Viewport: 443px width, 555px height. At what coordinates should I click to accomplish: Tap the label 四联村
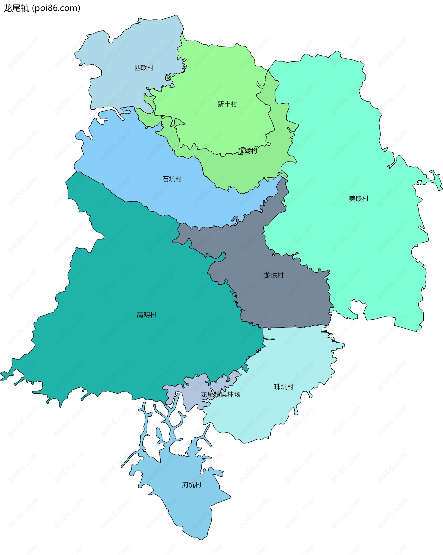(144, 68)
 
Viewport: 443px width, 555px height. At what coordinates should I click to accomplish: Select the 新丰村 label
(227, 104)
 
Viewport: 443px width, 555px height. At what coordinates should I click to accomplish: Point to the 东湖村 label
(247, 151)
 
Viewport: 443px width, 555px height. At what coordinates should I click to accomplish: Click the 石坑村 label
(172, 179)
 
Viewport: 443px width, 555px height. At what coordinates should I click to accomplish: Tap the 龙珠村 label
(274, 275)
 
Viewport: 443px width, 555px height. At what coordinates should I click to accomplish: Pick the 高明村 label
(147, 315)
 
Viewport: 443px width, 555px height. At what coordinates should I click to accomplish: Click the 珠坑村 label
(284, 387)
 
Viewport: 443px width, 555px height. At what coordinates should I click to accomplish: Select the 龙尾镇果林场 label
(221, 394)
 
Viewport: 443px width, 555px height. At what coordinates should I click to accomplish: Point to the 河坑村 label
(191, 485)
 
